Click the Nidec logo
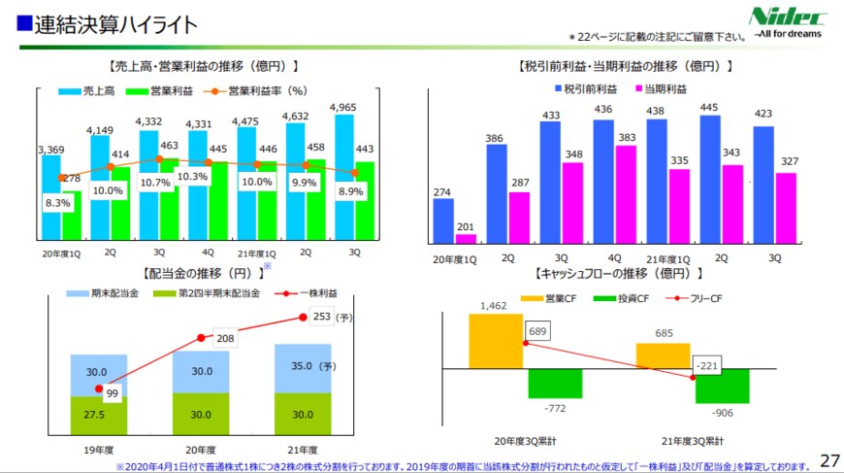coord(788,20)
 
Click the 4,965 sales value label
coord(346,107)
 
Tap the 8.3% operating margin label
coord(56,204)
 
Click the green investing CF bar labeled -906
coord(723,386)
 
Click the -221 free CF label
coord(707,366)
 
